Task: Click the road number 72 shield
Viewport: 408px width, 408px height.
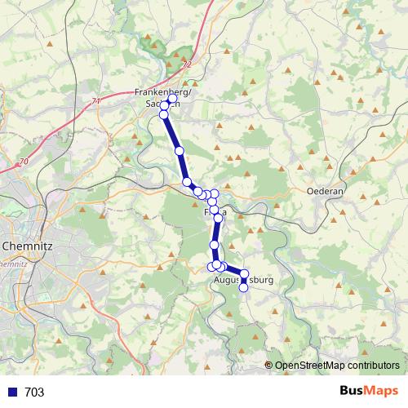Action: (x=187, y=63)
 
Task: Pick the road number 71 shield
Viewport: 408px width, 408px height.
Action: (x=97, y=101)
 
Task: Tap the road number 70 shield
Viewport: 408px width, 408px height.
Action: (x=24, y=162)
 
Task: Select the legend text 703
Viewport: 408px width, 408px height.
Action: (x=34, y=392)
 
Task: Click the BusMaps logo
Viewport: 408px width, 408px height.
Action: (x=370, y=392)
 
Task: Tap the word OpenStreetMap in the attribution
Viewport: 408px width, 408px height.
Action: (x=311, y=366)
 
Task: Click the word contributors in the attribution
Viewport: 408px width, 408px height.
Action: (x=373, y=366)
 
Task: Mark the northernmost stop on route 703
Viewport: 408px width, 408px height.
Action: (x=172, y=99)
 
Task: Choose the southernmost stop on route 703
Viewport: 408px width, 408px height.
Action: (x=243, y=287)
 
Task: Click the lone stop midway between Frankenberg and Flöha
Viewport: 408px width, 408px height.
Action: (x=179, y=151)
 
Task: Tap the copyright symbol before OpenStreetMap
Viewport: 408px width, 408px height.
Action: (x=269, y=366)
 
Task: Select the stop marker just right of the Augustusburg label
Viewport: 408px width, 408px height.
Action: (x=244, y=274)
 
